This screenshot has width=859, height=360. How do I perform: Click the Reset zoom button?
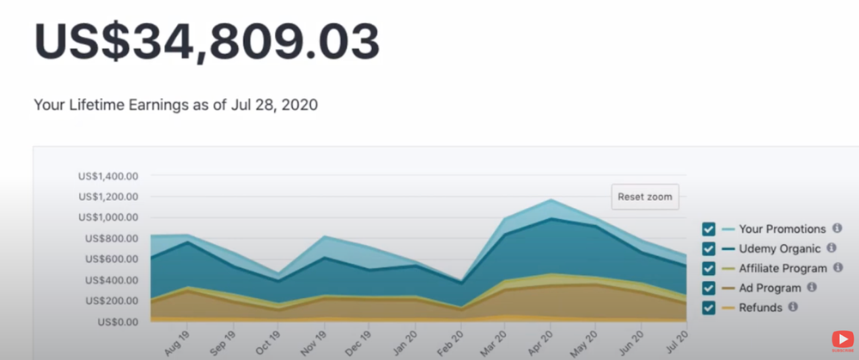(x=645, y=197)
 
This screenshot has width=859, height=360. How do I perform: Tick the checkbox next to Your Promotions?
(x=709, y=229)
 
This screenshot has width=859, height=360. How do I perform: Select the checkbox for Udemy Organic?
(x=709, y=248)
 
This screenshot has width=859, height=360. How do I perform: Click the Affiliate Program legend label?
(x=783, y=268)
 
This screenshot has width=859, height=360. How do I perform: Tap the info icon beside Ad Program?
(x=812, y=287)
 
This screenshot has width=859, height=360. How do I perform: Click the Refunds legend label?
(x=760, y=307)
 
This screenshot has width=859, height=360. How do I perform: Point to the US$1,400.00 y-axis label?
(x=107, y=176)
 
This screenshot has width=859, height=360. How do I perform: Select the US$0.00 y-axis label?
(x=116, y=322)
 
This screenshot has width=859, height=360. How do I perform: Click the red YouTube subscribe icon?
(x=842, y=341)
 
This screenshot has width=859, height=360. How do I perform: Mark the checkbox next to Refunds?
(x=709, y=307)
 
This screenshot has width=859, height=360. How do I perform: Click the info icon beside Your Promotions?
(x=836, y=229)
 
